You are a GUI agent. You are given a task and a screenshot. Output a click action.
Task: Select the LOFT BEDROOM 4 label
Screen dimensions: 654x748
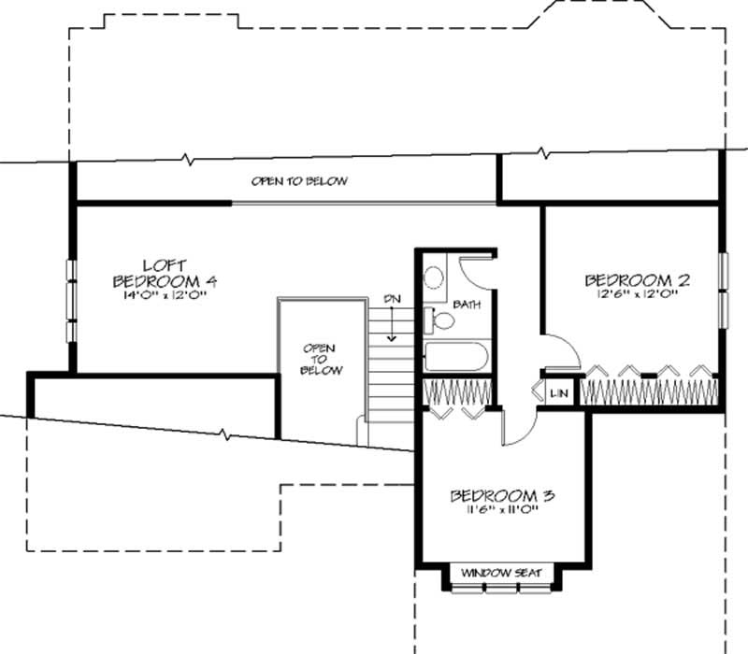point(165,273)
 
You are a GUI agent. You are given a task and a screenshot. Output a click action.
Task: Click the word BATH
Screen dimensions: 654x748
point(467,305)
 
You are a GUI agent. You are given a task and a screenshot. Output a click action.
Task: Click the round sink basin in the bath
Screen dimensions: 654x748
point(434,277)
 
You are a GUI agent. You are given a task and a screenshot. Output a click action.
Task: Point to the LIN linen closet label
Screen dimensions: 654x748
point(559,393)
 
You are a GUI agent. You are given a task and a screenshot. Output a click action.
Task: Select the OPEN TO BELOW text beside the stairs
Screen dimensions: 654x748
point(318,359)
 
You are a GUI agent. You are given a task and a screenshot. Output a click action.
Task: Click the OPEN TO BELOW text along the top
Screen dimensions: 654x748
point(299,181)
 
